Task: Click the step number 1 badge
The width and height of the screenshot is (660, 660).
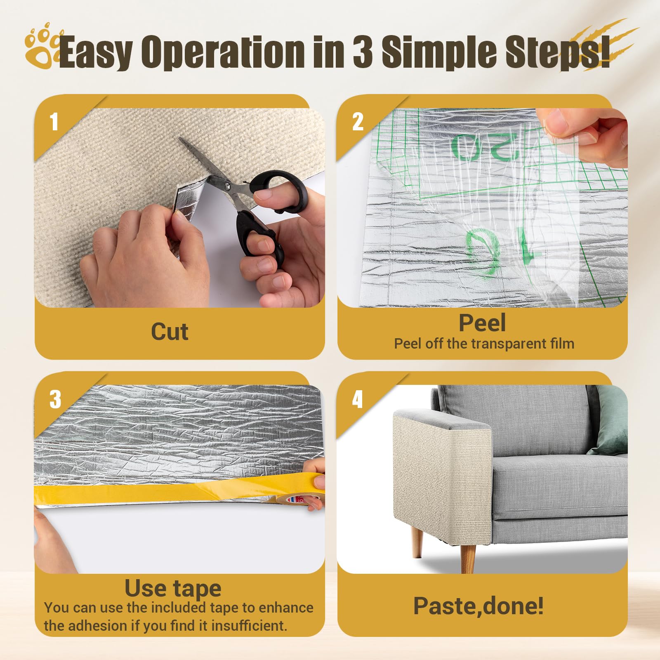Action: (x=54, y=122)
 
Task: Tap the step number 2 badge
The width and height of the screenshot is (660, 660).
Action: (x=358, y=122)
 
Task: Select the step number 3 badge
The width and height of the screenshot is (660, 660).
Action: (x=55, y=399)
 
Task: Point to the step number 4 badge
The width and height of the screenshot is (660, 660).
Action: (x=357, y=399)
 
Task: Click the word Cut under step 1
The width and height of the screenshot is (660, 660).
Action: (x=170, y=332)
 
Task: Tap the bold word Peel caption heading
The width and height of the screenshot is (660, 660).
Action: (x=482, y=323)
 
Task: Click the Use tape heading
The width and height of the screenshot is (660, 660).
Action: (x=173, y=589)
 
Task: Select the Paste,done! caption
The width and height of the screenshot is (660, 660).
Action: (x=478, y=606)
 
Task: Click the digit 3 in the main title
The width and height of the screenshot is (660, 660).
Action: (x=362, y=52)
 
